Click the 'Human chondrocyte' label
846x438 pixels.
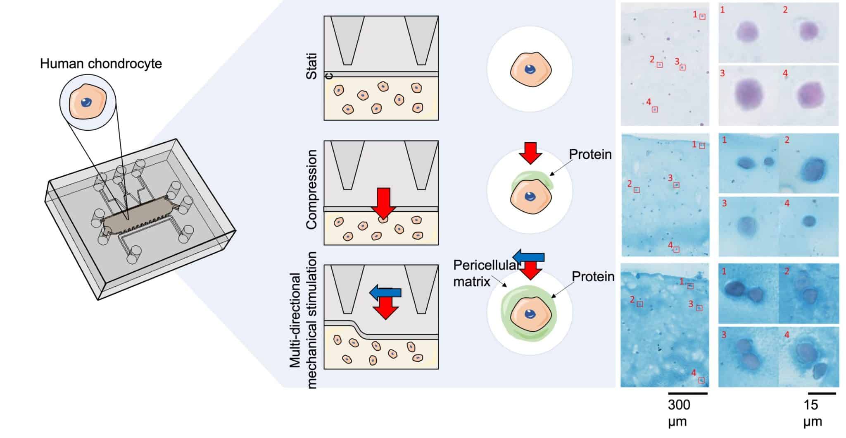[x=101, y=64]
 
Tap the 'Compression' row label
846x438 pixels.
[x=311, y=189]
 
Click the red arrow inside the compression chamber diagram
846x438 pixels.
[x=383, y=202]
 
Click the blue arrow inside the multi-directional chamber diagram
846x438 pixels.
[x=385, y=292]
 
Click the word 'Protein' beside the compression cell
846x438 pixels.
[x=590, y=154]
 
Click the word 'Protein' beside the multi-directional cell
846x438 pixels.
[x=593, y=276]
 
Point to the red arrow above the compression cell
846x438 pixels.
[x=530, y=153]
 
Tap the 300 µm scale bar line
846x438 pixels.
[x=687, y=393]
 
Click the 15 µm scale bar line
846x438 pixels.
[x=822, y=393]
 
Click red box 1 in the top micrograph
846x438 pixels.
[x=702, y=17]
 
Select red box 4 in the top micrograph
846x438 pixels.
[x=655, y=110]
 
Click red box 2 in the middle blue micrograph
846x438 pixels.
[x=637, y=190]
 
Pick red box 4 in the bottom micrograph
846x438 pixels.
[x=701, y=380]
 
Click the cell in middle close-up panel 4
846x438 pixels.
[x=810, y=221]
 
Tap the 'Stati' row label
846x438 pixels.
[x=311, y=66]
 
